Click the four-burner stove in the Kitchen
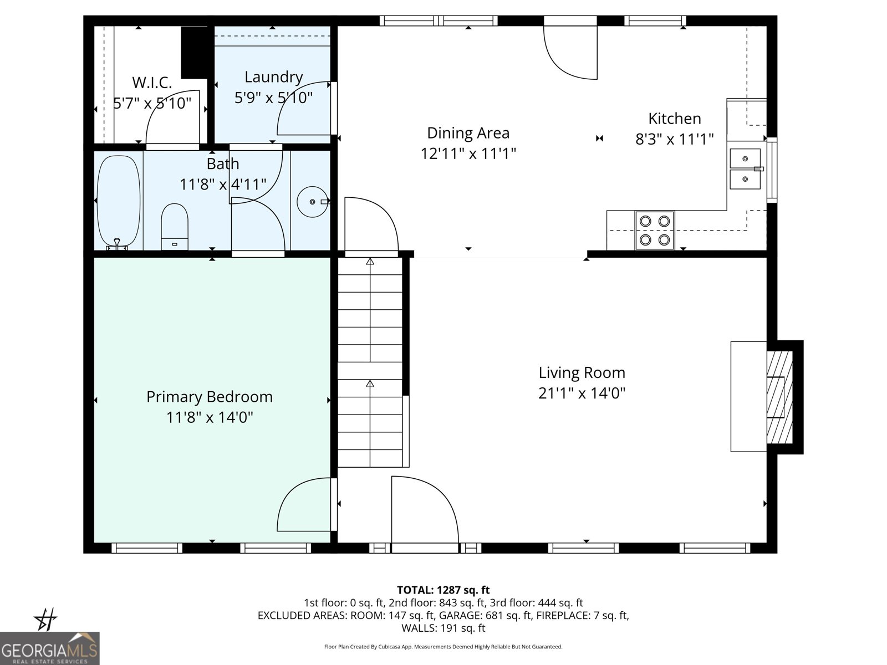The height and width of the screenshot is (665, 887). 654,229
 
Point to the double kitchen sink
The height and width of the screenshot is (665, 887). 745,169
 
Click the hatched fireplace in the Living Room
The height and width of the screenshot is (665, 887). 779,397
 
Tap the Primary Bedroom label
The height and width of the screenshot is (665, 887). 209,397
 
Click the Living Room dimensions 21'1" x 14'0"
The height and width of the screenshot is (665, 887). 582,393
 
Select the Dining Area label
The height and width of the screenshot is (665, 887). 468,133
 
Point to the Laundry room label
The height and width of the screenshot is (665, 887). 273,77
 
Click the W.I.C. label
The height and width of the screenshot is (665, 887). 152,83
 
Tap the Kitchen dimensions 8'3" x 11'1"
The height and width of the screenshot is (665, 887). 674,139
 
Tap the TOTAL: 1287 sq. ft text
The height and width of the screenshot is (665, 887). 443,590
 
